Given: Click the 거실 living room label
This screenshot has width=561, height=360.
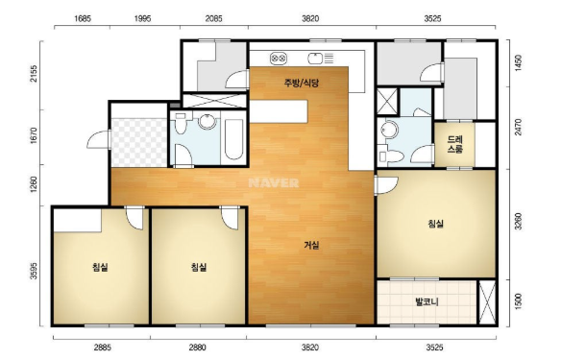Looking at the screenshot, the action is pyautogui.click(x=311, y=245).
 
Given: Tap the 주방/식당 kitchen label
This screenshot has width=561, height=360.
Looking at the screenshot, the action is pyautogui.click(x=302, y=83).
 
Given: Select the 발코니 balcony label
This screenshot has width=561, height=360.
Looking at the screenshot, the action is pyautogui.click(x=427, y=301).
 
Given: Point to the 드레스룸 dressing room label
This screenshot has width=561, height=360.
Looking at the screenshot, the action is pyautogui.click(x=454, y=144).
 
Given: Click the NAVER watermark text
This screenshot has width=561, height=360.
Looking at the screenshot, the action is pyautogui.click(x=274, y=183).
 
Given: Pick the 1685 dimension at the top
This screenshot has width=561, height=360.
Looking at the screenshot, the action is pyautogui.click(x=83, y=18).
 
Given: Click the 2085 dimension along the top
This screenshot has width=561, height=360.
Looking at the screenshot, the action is pyautogui.click(x=213, y=18).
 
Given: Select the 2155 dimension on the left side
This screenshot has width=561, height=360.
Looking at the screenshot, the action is pyautogui.click(x=34, y=74).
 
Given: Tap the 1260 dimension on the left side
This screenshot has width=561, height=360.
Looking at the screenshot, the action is pyautogui.click(x=34, y=184).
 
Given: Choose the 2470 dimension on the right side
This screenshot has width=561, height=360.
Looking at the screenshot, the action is pyautogui.click(x=518, y=128).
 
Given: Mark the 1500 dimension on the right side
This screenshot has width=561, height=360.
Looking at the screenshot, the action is pyautogui.click(x=518, y=302).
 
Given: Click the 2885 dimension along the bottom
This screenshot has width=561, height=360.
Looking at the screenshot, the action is pyautogui.click(x=103, y=348).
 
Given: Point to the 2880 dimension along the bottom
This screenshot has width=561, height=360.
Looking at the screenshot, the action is pyautogui.click(x=197, y=348).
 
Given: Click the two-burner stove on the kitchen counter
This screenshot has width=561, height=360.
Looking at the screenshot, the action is pyautogui.click(x=279, y=58).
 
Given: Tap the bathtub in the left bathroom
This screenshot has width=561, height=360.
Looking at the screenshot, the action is pyautogui.click(x=233, y=139).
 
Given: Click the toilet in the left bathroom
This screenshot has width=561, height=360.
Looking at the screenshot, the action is pyautogui.click(x=181, y=123).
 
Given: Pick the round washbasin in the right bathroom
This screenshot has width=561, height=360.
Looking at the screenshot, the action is pyautogui.click(x=389, y=130).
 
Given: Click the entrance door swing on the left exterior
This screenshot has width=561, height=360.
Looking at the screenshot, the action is pyautogui.click(x=99, y=139).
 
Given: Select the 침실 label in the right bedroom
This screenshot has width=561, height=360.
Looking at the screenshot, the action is pyautogui.click(x=435, y=224).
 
